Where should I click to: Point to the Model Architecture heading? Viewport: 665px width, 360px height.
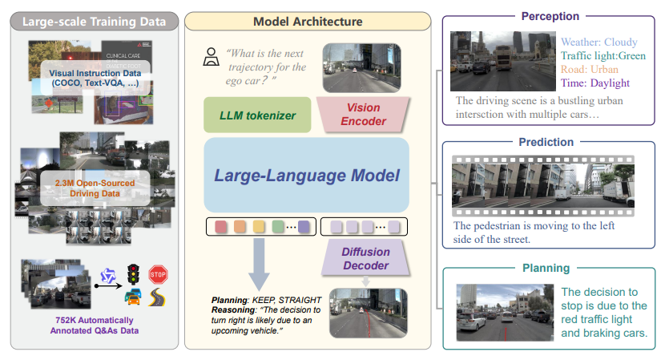pyautogui.click(x=307, y=21)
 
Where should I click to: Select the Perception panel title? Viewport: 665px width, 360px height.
pyautogui.click(x=550, y=15)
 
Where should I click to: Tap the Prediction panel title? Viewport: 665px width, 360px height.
pyautogui.click(x=547, y=142)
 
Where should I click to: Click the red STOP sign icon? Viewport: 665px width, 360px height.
pyautogui.click(x=158, y=274)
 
